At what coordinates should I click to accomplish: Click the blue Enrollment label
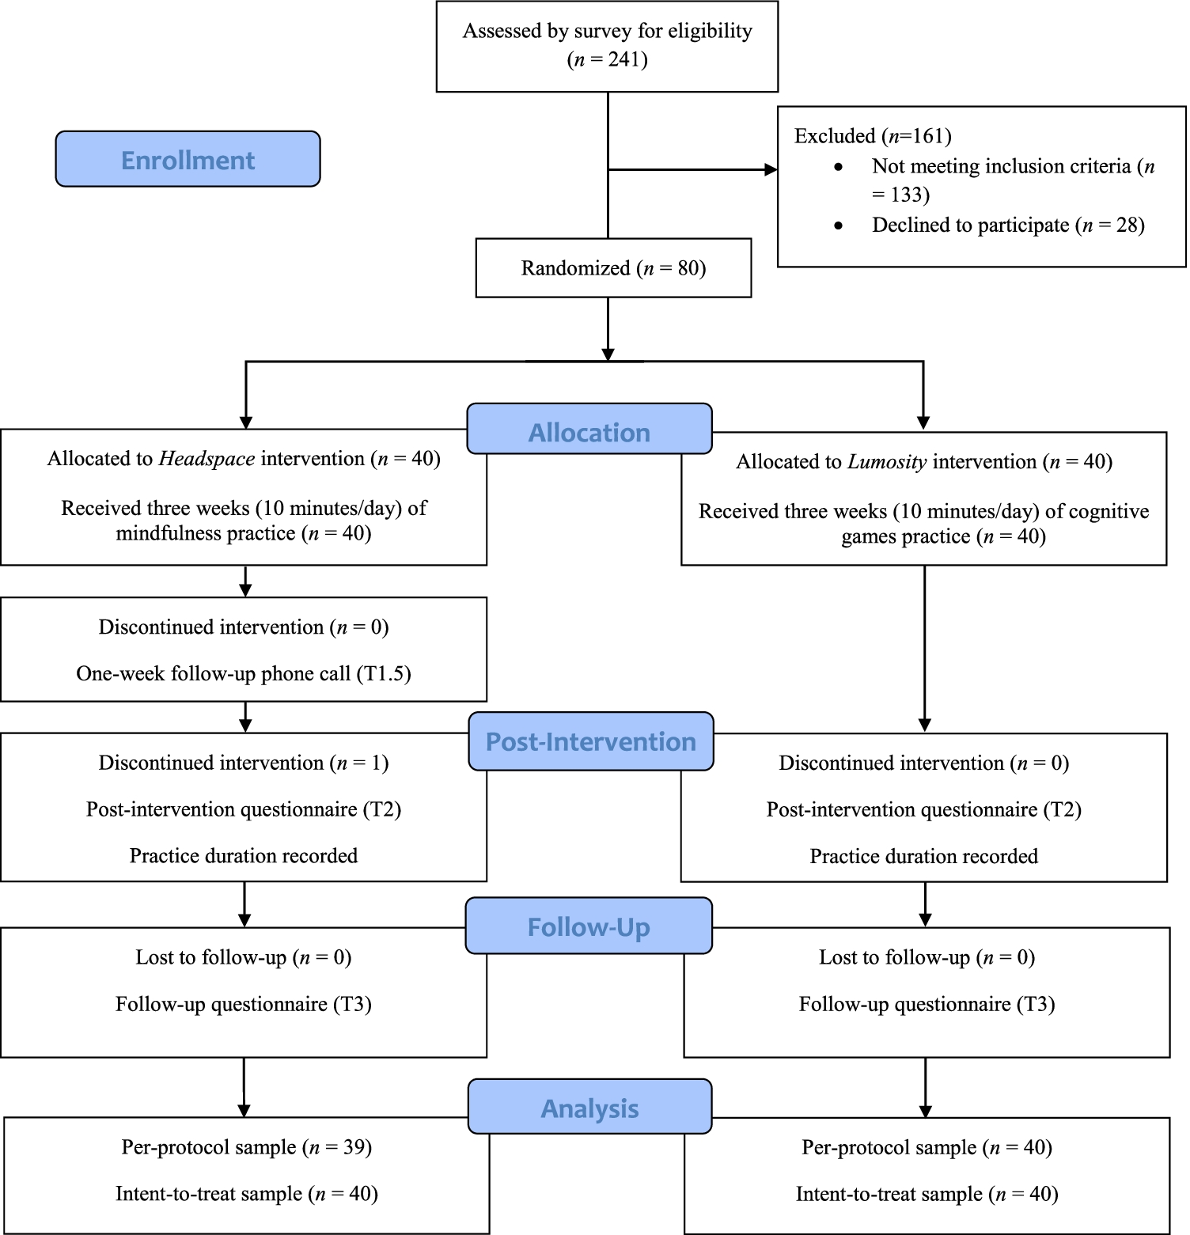point(188,159)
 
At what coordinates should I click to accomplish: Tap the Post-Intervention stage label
point(591,741)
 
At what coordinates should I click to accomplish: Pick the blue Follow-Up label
point(589,926)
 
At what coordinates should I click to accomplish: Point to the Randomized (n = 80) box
point(613,268)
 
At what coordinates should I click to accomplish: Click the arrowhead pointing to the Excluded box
point(771,169)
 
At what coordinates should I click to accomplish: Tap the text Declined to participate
point(971,225)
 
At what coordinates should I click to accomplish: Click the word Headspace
point(207,459)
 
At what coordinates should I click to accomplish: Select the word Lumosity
point(887,462)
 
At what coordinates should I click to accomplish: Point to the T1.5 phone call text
point(244,673)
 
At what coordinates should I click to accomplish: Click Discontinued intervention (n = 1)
point(244,763)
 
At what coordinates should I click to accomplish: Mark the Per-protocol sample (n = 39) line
point(247,1147)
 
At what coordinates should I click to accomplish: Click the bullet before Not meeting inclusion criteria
point(839,167)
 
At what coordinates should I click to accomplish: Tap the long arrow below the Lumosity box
point(924,649)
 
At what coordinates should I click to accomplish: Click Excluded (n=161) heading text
point(873,136)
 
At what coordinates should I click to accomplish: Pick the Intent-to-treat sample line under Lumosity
point(927,1194)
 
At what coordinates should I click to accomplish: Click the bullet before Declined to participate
point(839,225)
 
